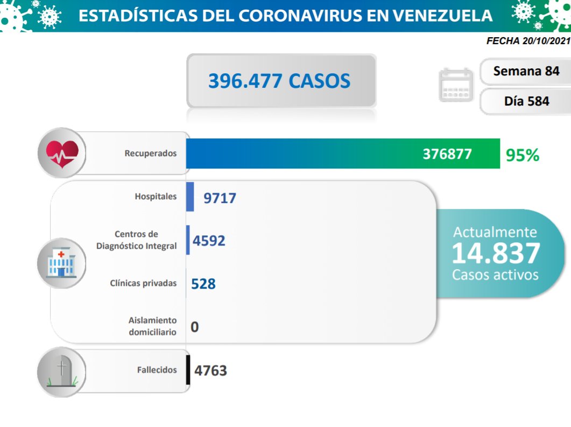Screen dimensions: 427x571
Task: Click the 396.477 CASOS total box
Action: click(x=280, y=81)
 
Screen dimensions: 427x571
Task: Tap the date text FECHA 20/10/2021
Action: click(x=527, y=41)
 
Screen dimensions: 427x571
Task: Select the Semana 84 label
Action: click(x=526, y=71)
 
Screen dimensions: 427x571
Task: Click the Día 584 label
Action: click(x=526, y=101)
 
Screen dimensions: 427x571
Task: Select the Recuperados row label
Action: click(x=151, y=153)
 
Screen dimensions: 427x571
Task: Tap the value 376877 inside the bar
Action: click(x=447, y=154)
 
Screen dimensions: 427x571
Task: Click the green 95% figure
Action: click(x=522, y=155)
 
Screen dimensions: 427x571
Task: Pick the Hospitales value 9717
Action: click(x=220, y=198)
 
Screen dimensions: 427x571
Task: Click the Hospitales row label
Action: click(x=156, y=197)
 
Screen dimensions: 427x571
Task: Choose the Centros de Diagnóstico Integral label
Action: click(x=137, y=240)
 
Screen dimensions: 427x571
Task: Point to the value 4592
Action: click(x=209, y=240)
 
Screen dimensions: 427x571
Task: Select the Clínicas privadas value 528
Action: click(x=203, y=283)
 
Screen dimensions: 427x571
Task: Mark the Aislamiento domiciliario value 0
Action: click(x=194, y=326)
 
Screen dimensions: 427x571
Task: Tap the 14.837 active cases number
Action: click(x=495, y=253)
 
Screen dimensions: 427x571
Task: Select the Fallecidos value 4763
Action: click(x=211, y=370)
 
